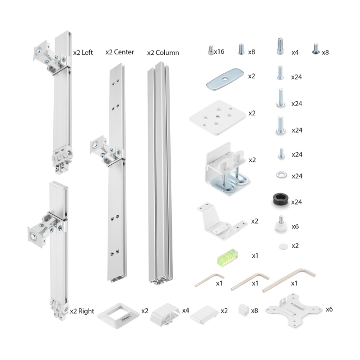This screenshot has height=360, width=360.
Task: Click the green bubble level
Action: [227, 256]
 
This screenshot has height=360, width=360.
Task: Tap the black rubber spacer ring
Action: [281, 200]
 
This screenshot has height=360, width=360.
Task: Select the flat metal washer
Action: [282, 175]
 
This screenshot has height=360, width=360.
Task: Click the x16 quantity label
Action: [219, 52]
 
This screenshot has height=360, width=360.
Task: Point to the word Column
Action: [167, 53]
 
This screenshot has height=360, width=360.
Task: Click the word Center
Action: [124, 52]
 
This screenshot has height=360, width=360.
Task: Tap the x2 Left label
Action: [83, 53]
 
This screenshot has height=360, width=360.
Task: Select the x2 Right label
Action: [82, 311]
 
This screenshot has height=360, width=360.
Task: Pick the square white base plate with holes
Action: [217, 118]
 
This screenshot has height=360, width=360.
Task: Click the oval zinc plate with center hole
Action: [225, 79]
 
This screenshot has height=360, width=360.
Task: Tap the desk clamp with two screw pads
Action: [227, 169]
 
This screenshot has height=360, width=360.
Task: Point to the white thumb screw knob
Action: [281, 224]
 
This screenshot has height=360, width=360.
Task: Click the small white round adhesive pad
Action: [283, 246]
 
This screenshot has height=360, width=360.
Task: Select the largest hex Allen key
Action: [289, 280]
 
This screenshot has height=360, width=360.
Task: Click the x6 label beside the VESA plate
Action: [329, 309]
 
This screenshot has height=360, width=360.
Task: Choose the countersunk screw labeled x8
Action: [316, 49]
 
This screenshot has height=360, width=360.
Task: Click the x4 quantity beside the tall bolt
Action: [295, 53]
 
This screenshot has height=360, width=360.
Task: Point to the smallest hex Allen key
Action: [209, 280]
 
